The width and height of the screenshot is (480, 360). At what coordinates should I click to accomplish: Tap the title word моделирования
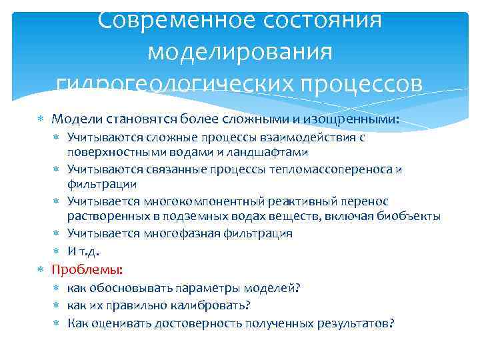pyautogui.click(x=239, y=51)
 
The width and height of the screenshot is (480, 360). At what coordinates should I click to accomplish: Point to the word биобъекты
pyautogui.click(x=408, y=216)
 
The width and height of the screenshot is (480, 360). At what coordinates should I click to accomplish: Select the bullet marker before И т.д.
pyautogui.click(x=58, y=251)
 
